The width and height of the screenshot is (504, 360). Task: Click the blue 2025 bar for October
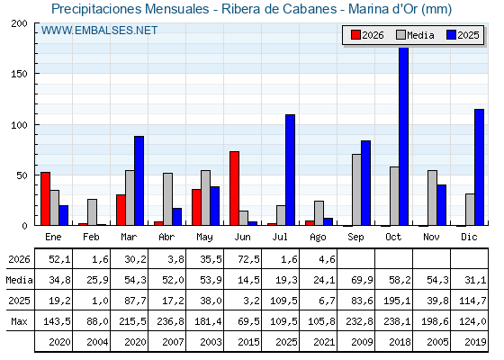404,137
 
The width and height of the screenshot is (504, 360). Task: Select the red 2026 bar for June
234,188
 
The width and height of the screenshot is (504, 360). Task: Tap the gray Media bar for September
356,190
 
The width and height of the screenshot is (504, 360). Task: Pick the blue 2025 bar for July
290,170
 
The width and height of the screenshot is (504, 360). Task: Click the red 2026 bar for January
45,199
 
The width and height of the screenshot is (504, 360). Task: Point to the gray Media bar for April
167,199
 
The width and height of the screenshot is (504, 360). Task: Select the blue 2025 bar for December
479,167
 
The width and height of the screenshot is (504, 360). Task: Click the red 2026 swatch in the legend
355,35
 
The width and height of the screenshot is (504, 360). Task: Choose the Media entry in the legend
415,35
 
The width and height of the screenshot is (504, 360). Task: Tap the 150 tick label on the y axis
19,74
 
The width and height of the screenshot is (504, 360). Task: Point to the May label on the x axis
204,238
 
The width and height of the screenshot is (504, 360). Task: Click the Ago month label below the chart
318,238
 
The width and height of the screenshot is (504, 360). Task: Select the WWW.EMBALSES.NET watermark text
99,31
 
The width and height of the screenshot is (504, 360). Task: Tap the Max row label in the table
19,321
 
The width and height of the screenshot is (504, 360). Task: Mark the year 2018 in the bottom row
400,342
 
